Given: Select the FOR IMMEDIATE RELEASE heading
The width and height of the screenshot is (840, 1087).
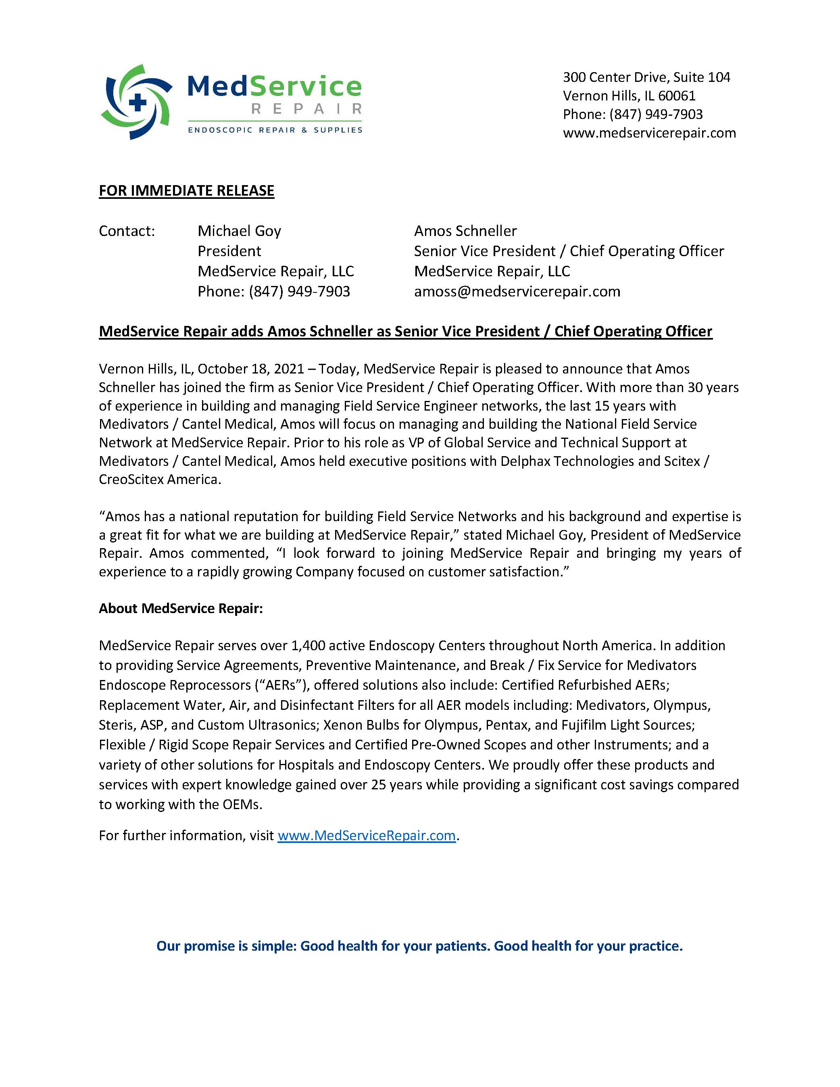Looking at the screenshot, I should [187, 191].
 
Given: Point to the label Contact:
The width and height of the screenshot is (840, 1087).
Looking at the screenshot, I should [127, 231].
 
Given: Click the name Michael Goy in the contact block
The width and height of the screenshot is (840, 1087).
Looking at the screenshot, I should [240, 231].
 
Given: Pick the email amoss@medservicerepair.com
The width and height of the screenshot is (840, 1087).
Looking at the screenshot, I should [517, 291].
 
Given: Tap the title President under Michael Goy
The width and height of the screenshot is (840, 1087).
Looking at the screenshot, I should [229, 251].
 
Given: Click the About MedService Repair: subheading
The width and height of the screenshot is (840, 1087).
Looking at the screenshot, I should [181, 608].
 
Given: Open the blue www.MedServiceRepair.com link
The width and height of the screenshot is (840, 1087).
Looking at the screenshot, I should [367, 835].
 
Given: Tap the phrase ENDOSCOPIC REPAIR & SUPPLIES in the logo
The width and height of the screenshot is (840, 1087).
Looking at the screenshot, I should [275, 130].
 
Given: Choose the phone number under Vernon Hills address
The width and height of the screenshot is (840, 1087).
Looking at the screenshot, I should [656, 115].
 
